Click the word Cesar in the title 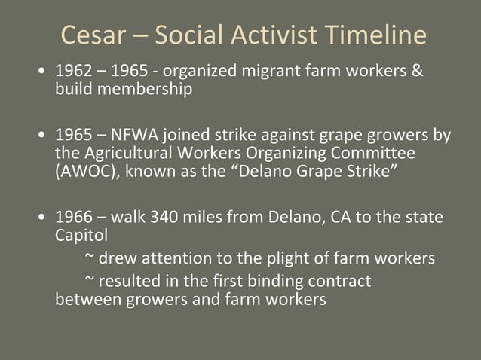tap(91, 35)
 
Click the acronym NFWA tap(136, 136)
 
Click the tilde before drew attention tap(90, 258)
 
